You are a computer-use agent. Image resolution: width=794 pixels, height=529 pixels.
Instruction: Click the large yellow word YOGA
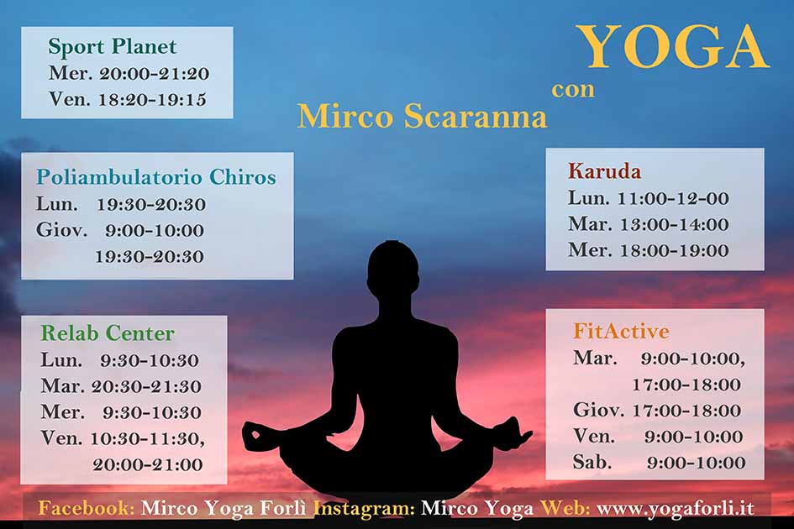[673, 46]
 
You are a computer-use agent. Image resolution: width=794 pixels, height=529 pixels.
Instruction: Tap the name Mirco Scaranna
[423, 117]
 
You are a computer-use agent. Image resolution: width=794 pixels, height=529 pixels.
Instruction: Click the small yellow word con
[573, 90]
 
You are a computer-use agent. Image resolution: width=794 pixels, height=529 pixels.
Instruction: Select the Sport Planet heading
[113, 46]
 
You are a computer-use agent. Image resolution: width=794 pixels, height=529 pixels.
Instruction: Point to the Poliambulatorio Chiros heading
[156, 177]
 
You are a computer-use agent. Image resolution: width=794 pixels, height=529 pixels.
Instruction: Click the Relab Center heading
[108, 333]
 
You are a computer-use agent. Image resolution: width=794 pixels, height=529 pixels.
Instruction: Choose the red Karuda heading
[605, 171]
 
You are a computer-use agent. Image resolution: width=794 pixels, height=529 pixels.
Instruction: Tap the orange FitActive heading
[621, 331]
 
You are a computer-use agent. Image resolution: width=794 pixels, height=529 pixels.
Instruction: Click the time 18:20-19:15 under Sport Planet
[152, 99]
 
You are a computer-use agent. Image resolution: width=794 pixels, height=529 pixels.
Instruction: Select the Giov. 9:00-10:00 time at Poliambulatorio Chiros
[120, 230]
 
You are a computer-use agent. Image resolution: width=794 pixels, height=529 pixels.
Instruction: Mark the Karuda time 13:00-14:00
[675, 224]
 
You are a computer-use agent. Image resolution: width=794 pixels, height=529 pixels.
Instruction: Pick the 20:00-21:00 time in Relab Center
[147, 464]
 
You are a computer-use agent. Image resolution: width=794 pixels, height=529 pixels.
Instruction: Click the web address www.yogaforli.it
[676, 508]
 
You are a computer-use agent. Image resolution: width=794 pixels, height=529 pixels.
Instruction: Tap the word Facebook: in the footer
[87, 508]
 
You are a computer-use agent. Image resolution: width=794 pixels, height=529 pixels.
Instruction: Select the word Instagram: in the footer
[364, 508]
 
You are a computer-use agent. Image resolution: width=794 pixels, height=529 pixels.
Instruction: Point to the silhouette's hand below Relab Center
[260, 437]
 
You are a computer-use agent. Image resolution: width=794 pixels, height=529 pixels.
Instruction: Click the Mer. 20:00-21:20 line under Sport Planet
[129, 73]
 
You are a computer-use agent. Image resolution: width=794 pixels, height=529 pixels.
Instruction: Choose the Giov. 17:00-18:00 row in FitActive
[657, 410]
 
